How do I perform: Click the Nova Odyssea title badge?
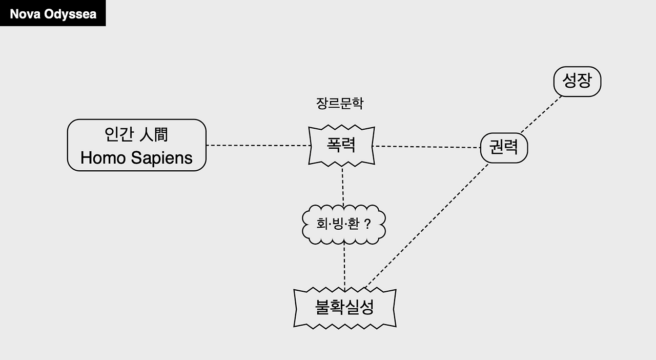53,13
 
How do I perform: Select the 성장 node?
577,82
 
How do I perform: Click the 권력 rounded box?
504,148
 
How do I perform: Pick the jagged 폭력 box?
341,146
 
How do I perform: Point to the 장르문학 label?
340,103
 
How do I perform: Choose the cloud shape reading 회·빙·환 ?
343,225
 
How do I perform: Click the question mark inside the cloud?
367,225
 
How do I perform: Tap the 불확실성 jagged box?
344,308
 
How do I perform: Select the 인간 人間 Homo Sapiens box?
136,145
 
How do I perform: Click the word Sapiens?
161,158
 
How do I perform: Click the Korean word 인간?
119,134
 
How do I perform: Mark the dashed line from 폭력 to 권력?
427,147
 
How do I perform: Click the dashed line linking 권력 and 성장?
541,114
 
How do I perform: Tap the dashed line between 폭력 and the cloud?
342,185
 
